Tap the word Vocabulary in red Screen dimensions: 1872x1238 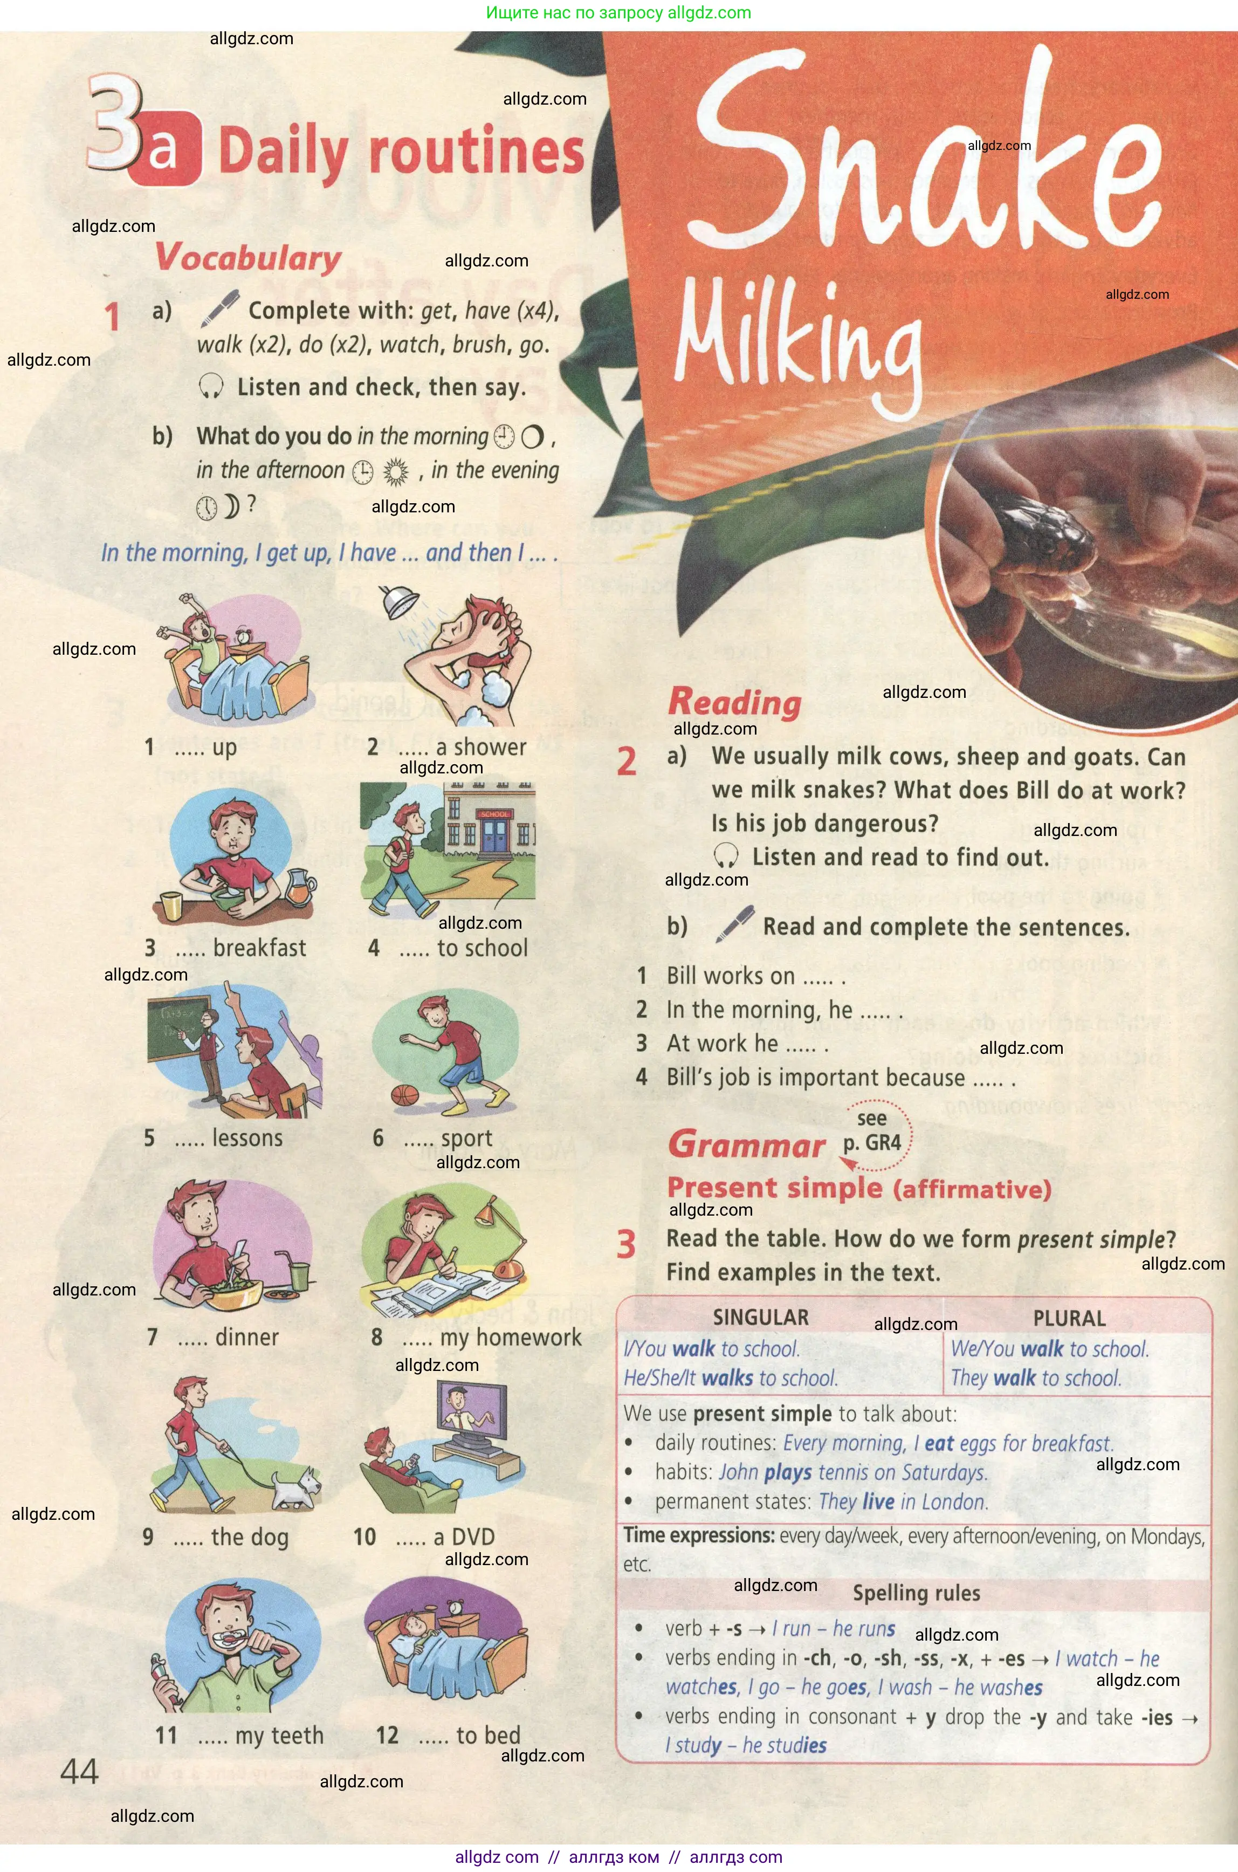point(248,257)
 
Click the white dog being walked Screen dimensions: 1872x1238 point(296,1487)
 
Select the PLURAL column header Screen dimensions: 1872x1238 point(1069,1318)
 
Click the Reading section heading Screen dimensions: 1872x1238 point(734,702)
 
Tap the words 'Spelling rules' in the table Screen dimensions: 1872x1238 point(916,1593)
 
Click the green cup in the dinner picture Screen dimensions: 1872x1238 point(299,1276)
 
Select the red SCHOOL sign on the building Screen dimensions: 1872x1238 point(494,813)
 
